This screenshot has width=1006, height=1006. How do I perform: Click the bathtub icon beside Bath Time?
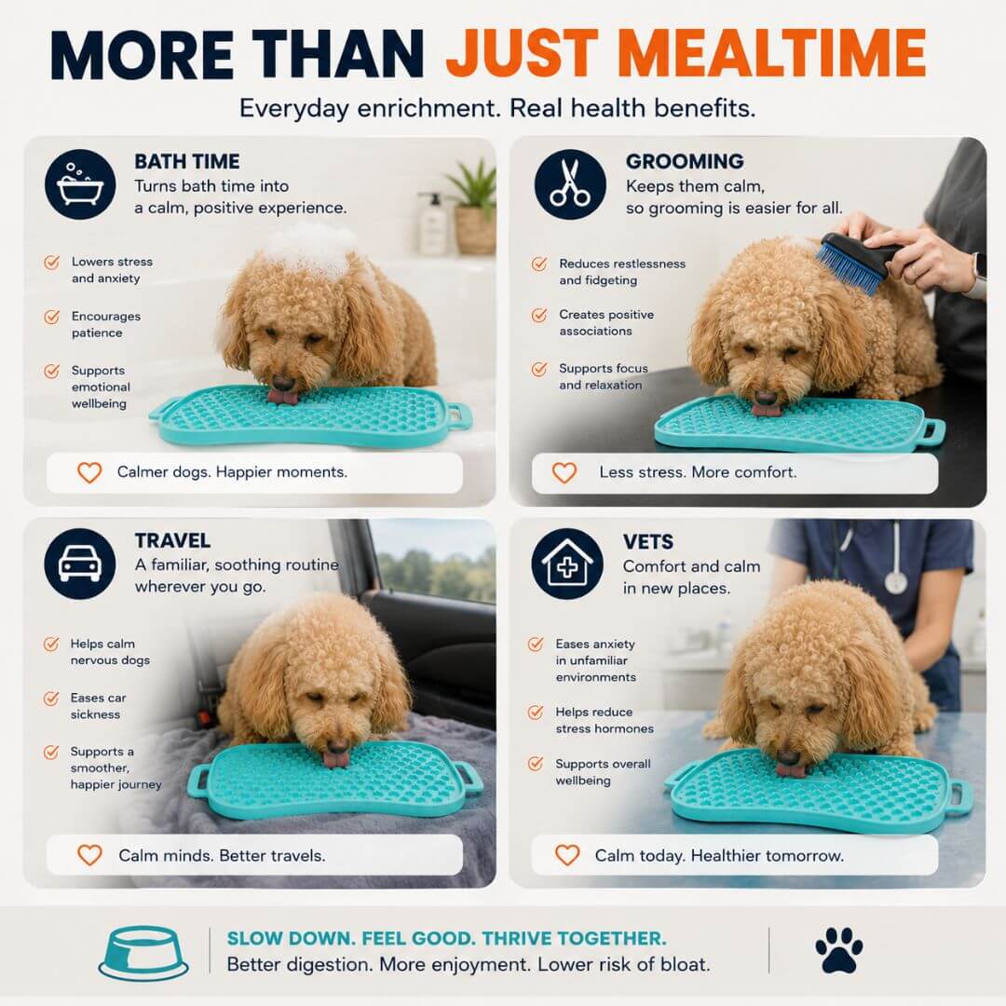tap(80, 184)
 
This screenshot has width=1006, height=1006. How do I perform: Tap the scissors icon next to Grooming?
tap(570, 184)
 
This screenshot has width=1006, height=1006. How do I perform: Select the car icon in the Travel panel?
tap(80, 564)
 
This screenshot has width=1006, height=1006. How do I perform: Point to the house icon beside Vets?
tap(567, 564)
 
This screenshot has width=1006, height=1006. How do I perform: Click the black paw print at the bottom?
tap(838, 950)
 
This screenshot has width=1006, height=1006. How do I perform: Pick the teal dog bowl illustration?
tap(143, 953)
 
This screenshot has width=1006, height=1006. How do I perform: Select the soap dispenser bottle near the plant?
tap(433, 224)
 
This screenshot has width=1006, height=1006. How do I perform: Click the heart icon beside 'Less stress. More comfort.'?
tap(564, 473)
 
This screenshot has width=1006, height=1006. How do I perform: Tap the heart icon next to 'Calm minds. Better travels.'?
tap(89, 854)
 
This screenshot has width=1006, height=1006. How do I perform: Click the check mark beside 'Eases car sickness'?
tap(50, 699)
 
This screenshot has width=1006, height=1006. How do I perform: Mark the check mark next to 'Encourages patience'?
tap(51, 317)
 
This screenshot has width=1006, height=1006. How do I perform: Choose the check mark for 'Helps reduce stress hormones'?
tap(535, 713)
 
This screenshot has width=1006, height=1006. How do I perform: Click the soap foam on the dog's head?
tap(312, 247)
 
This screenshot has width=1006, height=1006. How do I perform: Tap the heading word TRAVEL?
tap(172, 540)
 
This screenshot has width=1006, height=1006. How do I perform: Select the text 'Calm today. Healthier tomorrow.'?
tap(719, 855)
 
